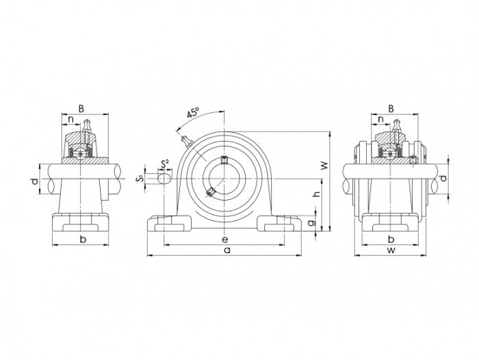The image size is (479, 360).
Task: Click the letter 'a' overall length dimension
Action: click(x=225, y=251)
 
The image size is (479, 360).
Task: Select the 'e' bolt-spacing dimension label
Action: click(x=225, y=239)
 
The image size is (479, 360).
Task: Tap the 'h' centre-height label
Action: click(x=316, y=195)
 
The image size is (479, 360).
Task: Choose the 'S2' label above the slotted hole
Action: click(x=164, y=164)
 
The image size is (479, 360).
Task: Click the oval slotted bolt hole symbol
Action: click(x=164, y=178)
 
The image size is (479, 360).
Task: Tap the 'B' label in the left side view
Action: click(x=81, y=107)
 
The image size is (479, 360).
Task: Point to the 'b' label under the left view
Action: click(x=81, y=239)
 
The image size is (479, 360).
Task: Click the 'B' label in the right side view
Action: click(x=391, y=107)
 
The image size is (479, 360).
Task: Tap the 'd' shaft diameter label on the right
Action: click(x=443, y=179)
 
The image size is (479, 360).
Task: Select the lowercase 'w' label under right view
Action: click(x=391, y=251)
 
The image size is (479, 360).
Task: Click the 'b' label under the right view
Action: click(x=391, y=239)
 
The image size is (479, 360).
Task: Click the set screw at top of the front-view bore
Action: click(x=225, y=162)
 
